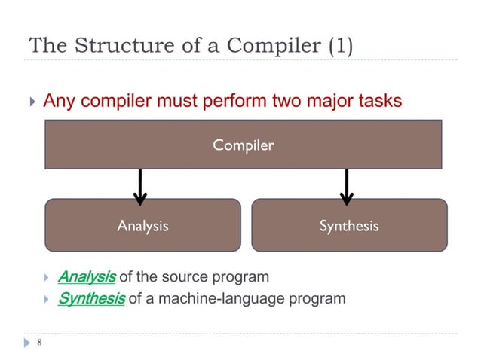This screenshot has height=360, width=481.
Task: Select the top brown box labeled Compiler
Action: (243, 145)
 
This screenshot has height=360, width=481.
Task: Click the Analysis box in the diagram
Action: (142, 225)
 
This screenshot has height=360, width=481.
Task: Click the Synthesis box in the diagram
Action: (348, 225)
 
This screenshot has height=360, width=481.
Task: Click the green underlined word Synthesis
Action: (91, 298)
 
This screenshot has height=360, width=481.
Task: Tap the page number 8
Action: (38, 343)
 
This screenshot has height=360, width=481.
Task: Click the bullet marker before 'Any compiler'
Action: (31, 102)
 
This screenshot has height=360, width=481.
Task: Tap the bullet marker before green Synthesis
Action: (46, 299)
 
